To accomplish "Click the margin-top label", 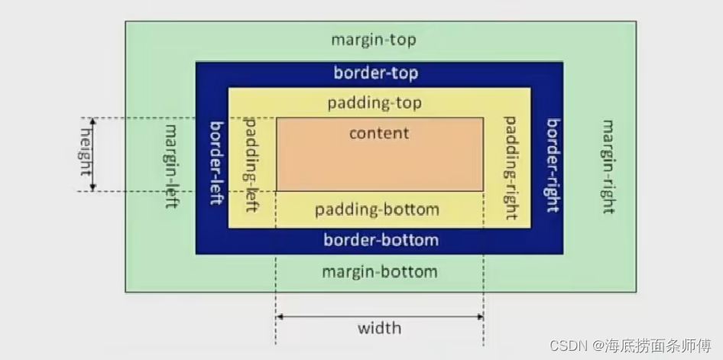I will point(374,40).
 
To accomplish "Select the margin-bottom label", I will point(379,271).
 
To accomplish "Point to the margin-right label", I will point(608,166).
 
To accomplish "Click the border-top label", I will point(376,73).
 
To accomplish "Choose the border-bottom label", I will point(381,240).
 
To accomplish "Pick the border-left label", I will point(217,162).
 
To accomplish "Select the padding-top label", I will point(374,102).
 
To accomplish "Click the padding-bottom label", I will point(378,209).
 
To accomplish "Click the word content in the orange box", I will point(379,133).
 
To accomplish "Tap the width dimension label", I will point(379,329).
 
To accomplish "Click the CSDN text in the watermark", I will point(566,346).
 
